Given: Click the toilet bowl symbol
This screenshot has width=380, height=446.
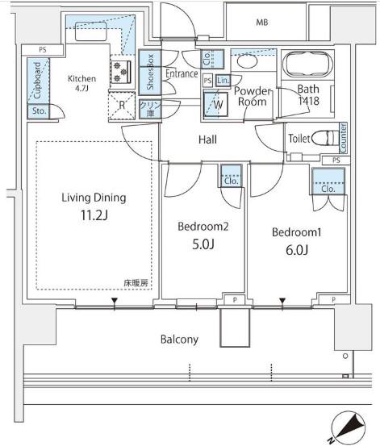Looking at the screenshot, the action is click(325, 139).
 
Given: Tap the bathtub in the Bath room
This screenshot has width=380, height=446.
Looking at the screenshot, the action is click(309, 64).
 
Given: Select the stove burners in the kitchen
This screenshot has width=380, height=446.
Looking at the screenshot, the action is click(121, 72).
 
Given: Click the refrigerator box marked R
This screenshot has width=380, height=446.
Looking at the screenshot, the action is click(122, 105).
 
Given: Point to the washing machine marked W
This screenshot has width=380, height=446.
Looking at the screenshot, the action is click(216, 104).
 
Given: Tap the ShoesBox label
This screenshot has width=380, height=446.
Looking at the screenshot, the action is click(150, 72).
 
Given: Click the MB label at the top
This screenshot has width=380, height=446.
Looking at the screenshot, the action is click(262, 23).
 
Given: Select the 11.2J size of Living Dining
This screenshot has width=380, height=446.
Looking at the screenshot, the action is click(94, 215).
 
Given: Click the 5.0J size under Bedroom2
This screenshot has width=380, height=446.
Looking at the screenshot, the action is click(203, 244).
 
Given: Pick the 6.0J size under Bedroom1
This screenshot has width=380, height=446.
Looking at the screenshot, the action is click(297, 250).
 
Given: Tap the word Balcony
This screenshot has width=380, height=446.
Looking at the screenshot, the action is click(179, 340).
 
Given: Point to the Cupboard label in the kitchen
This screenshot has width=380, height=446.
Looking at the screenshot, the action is click(37, 81).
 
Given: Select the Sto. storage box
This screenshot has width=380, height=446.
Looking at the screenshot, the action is click(39, 112).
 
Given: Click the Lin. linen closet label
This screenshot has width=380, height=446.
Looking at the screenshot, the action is click(223, 81).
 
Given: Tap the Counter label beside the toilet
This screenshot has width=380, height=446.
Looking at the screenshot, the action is click(343, 138).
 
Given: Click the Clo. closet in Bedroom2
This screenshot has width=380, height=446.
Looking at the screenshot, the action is click(232, 176).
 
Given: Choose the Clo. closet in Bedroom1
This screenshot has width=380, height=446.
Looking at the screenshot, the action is click(328, 181).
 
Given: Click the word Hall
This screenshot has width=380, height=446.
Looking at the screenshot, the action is click(208, 140).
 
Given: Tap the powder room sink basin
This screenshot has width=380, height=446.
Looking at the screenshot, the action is click(247, 60).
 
